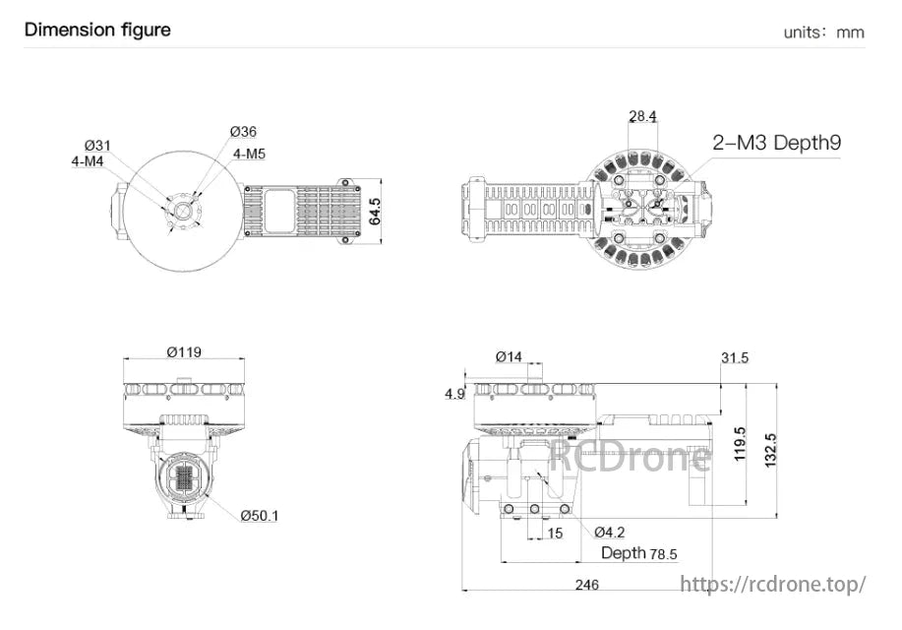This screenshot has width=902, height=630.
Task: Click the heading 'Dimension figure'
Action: click(x=97, y=30)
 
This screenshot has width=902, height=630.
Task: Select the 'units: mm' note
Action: click(x=823, y=32)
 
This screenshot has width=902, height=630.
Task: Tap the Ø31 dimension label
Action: click(x=97, y=146)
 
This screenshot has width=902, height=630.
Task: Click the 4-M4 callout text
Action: click(x=88, y=161)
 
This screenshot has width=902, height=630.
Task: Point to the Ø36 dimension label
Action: click(x=243, y=132)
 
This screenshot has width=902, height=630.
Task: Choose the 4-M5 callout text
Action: click(x=249, y=154)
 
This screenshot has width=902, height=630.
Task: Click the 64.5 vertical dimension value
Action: click(x=375, y=212)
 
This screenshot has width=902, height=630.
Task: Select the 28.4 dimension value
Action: click(x=642, y=116)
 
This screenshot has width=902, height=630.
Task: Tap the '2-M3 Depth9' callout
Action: click(x=777, y=143)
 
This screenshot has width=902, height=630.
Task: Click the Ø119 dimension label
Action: click(x=184, y=351)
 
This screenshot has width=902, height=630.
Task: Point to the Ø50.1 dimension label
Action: click(x=260, y=516)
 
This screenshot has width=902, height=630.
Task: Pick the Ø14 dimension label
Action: click(x=509, y=356)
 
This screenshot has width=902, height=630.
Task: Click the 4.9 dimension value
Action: click(x=454, y=394)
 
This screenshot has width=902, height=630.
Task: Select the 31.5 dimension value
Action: click(x=734, y=357)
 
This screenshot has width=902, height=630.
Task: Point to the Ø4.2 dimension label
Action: click(x=612, y=532)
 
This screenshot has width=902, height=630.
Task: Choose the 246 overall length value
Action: click(x=586, y=585)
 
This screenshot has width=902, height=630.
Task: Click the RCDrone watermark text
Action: click(x=630, y=456)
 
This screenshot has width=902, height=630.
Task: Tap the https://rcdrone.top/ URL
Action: click(x=773, y=584)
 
